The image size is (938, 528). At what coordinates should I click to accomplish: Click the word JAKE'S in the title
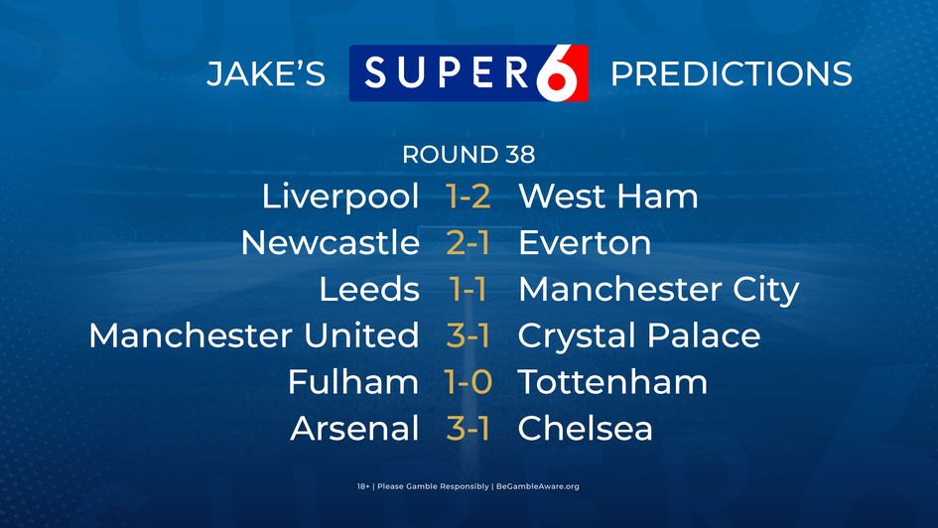[x=265, y=74]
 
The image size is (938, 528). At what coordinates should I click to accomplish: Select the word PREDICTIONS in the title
[x=731, y=74]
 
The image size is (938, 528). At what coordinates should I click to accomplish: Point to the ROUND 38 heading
[x=469, y=155]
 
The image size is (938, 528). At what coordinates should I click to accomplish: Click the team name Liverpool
[x=339, y=198]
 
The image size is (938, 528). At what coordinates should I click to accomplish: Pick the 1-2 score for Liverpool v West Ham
[x=469, y=197]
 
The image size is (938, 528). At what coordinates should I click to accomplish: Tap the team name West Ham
[x=607, y=197]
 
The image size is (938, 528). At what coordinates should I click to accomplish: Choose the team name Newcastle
[x=330, y=243]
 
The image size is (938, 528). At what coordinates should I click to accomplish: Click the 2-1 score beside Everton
[x=469, y=243]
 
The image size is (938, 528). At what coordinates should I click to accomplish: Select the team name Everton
[x=584, y=243]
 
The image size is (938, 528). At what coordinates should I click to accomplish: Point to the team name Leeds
[x=368, y=290]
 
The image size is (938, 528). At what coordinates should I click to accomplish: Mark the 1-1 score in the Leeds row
[x=469, y=290]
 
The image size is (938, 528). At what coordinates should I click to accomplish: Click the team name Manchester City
[x=658, y=290]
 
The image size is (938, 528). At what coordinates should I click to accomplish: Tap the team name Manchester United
[x=253, y=335]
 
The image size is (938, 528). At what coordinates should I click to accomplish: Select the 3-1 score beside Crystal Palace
[x=469, y=335]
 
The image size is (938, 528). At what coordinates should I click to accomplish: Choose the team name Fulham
[x=352, y=382]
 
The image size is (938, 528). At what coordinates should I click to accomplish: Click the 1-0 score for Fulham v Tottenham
[x=469, y=382]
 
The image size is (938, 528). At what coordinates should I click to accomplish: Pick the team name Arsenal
[x=354, y=429]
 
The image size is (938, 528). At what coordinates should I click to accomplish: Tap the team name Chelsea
[x=585, y=429]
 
